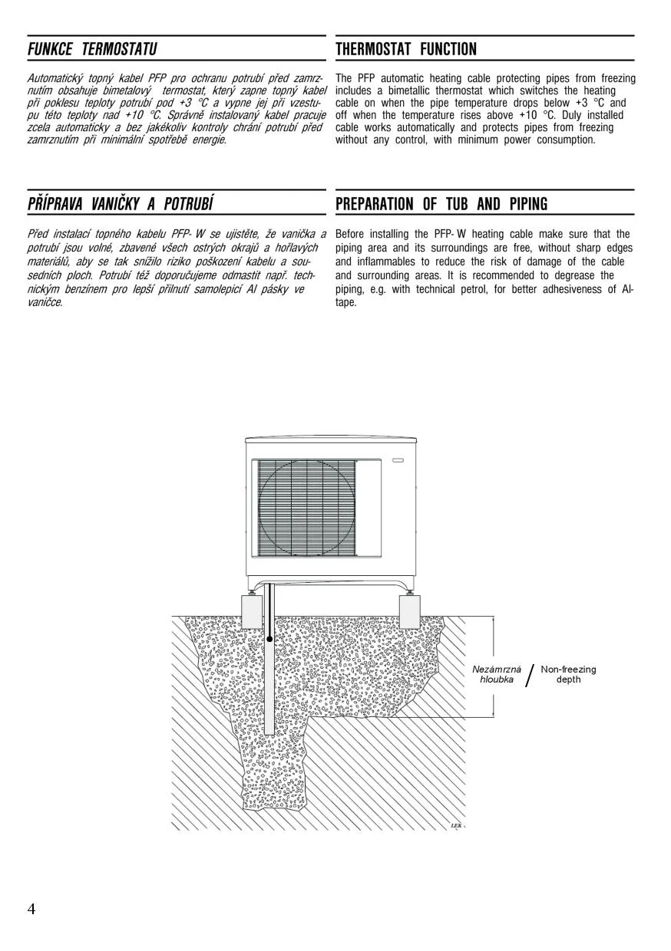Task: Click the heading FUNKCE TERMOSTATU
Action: click(91, 50)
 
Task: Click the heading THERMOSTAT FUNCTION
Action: click(406, 50)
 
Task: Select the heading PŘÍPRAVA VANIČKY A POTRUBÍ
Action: click(120, 204)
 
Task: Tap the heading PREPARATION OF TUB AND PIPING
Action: click(441, 204)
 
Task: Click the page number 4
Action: click(31, 910)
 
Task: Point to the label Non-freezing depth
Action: click(568, 675)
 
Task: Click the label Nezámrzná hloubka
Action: click(497, 675)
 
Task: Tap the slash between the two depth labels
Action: click(530, 676)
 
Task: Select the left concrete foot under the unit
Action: click(253, 611)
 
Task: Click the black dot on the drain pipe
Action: click(269, 638)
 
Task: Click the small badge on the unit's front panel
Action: click(398, 460)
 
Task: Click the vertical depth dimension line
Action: click(493, 666)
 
